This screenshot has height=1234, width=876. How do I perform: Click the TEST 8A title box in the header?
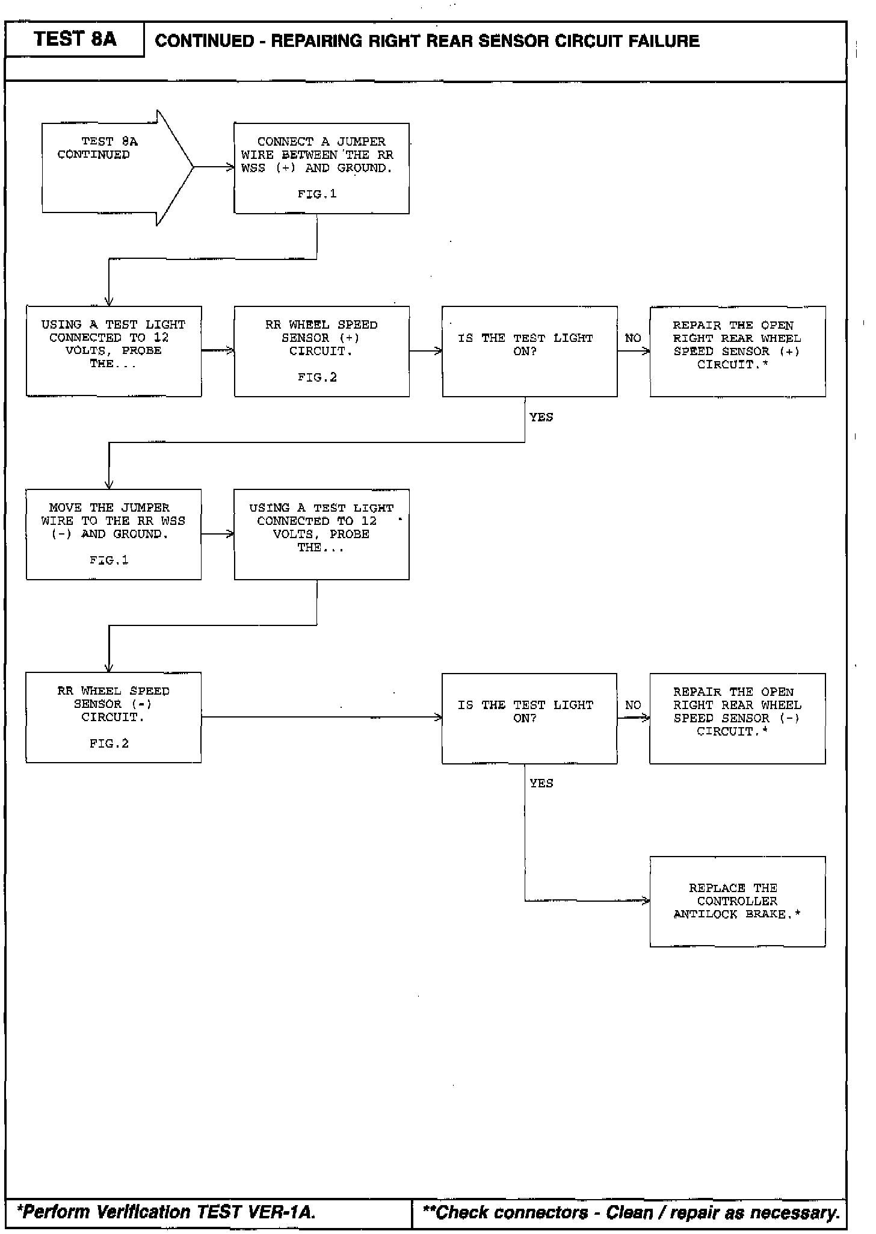[75, 40]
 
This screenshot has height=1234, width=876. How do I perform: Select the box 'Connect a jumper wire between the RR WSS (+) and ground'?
[321, 168]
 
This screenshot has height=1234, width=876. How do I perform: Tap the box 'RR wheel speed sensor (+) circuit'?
[321, 351]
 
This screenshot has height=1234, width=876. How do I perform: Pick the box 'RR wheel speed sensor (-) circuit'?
[113, 717]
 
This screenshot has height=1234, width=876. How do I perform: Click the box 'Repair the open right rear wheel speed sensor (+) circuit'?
[737, 351]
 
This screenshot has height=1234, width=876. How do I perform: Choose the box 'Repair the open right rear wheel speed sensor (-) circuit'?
[737, 718]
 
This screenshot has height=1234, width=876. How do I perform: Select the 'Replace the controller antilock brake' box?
[737, 901]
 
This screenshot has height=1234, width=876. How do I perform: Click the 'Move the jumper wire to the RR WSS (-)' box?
[113, 534]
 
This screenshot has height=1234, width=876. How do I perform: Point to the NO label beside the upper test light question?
[633, 338]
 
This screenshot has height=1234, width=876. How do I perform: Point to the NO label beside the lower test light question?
[633, 705]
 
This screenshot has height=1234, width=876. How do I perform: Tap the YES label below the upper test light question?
[541, 417]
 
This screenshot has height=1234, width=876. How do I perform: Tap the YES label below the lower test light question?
[541, 783]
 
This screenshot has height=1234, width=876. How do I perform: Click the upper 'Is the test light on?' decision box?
[529, 351]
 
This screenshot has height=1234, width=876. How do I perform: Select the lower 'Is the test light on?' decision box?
[529, 718]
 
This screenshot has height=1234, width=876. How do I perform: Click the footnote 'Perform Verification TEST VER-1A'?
[167, 1211]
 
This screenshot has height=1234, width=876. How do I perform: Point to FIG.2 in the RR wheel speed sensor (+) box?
[317, 377]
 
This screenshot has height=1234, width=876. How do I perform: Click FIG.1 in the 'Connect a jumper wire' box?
[317, 194]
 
